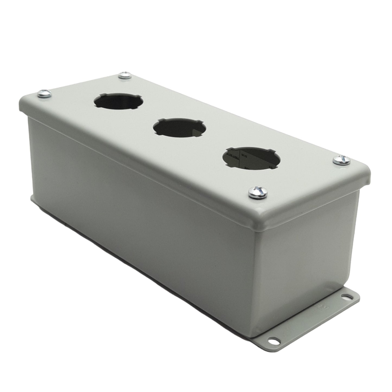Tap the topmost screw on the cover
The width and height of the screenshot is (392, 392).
tap(125, 76)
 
